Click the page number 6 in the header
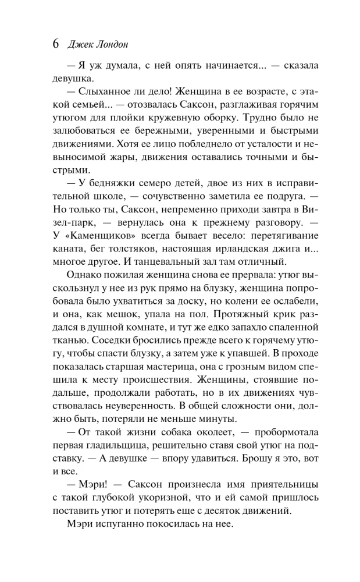(x=56, y=44)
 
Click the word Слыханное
(x=104, y=93)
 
